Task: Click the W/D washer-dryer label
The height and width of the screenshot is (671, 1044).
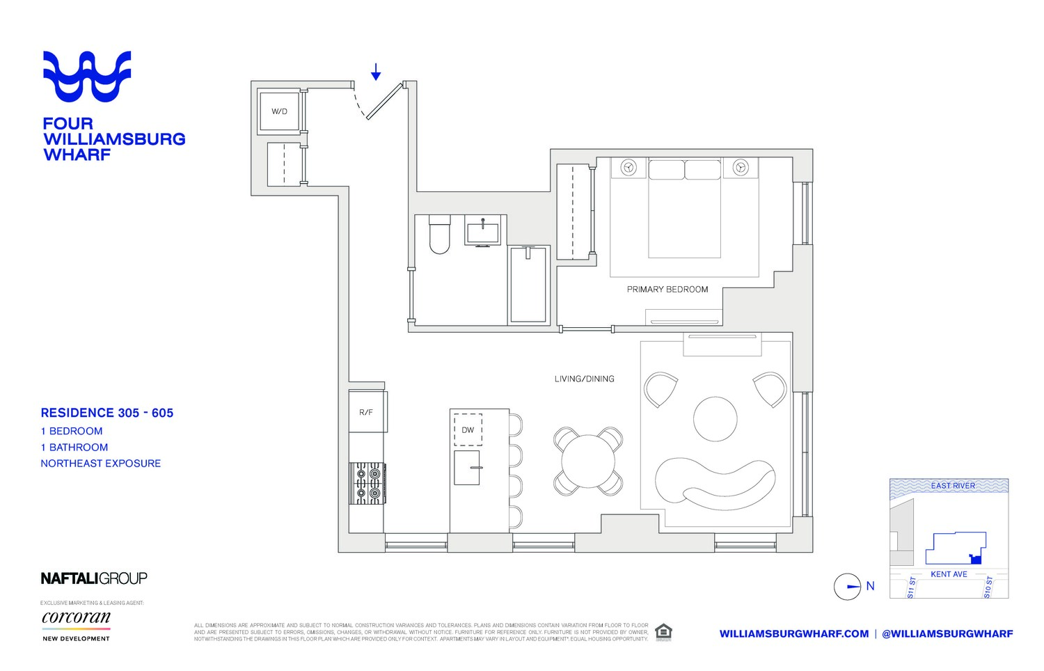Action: [x=279, y=111]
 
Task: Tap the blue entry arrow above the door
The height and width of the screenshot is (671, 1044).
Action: [x=376, y=72]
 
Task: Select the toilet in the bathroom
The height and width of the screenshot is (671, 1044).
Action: [x=439, y=235]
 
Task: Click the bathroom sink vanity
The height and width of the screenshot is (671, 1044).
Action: [x=482, y=231]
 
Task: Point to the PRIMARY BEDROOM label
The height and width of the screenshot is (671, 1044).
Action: [x=667, y=290]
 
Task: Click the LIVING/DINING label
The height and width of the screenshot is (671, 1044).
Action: [x=584, y=379]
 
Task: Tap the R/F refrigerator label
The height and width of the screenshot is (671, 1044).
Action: [x=366, y=413]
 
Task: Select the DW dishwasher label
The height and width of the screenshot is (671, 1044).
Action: [x=468, y=430]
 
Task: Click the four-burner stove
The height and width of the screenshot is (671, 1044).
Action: [x=367, y=483]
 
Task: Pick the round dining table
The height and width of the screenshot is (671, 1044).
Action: [x=588, y=461]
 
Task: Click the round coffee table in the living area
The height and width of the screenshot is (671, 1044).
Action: [x=715, y=418]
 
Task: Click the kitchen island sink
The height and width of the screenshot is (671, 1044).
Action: [x=467, y=468]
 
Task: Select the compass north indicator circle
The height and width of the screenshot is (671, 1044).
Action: [x=848, y=587]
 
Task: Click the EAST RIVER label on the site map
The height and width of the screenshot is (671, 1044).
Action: [x=953, y=486]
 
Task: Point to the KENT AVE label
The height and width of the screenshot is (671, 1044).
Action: [x=949, y=574]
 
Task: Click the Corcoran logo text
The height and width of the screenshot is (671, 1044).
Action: [x=76, y=617]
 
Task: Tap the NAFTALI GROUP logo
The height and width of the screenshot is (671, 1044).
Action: [x=94, y=578]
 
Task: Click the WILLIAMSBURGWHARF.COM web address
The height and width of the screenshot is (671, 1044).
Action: [x=793, y=634]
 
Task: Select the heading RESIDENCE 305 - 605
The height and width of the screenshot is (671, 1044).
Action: [x=107, y=413]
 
